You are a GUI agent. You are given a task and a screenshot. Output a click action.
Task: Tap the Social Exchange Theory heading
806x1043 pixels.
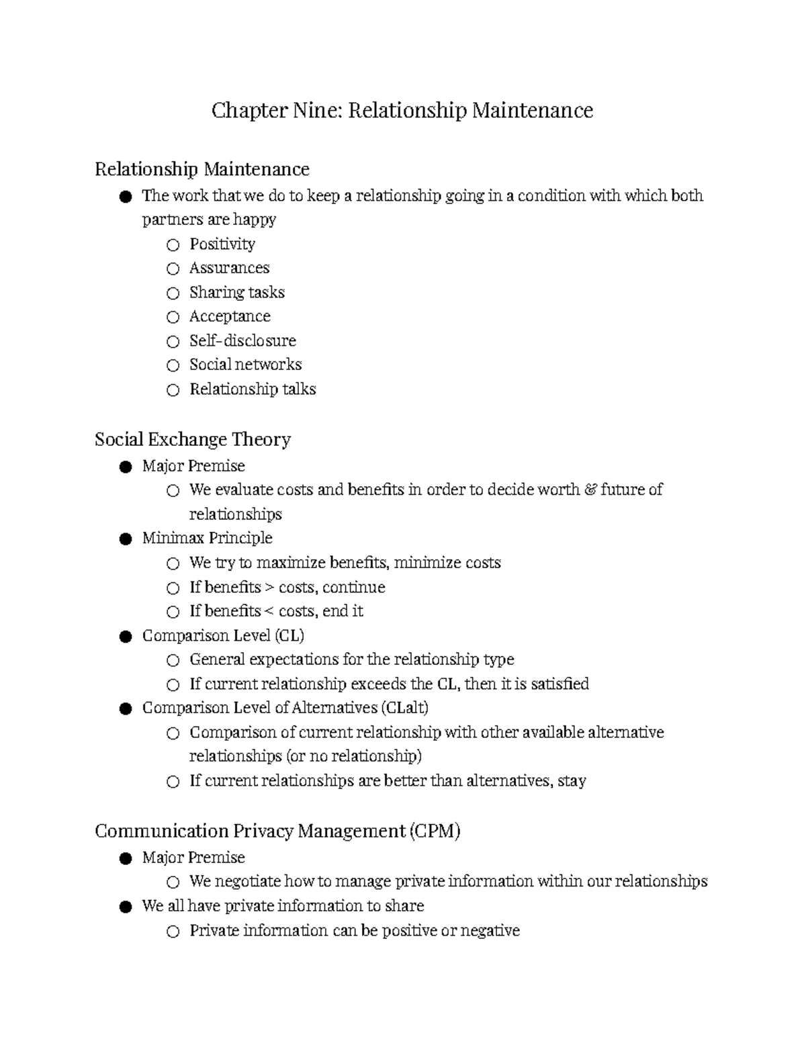click(193, 439)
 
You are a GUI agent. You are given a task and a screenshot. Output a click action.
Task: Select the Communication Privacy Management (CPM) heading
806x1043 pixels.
click(277, 831)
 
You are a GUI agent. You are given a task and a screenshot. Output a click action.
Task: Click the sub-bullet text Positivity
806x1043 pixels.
click(222, 244)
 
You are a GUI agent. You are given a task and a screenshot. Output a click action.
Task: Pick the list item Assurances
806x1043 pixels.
click(229, 268)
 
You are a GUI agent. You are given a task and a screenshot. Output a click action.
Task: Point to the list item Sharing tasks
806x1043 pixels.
click(236, 292)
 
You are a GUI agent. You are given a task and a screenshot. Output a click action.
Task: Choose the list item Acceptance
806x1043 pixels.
click(230, 316)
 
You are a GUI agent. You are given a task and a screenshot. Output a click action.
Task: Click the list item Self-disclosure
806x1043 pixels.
click(242, 341)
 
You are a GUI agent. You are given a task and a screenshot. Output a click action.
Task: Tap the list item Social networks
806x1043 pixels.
click(245, 365)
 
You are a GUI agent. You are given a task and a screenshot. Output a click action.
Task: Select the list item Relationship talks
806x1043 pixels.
click(253, 389)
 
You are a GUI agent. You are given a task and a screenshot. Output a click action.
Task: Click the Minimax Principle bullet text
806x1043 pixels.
click(207, 538)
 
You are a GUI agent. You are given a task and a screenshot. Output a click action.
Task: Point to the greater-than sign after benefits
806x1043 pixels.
click(269, 588)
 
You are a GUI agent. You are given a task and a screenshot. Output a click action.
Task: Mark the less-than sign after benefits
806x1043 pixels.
click(269, 612)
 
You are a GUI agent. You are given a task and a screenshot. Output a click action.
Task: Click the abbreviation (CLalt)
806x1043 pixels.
click(404, 708)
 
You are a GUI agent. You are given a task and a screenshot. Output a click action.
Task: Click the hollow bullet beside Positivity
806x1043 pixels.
click(173, 245)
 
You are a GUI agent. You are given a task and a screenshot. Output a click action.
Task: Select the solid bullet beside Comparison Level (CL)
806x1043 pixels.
click(125, 637)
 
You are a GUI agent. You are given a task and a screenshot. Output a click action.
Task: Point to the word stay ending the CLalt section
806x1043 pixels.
click(572, 781)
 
